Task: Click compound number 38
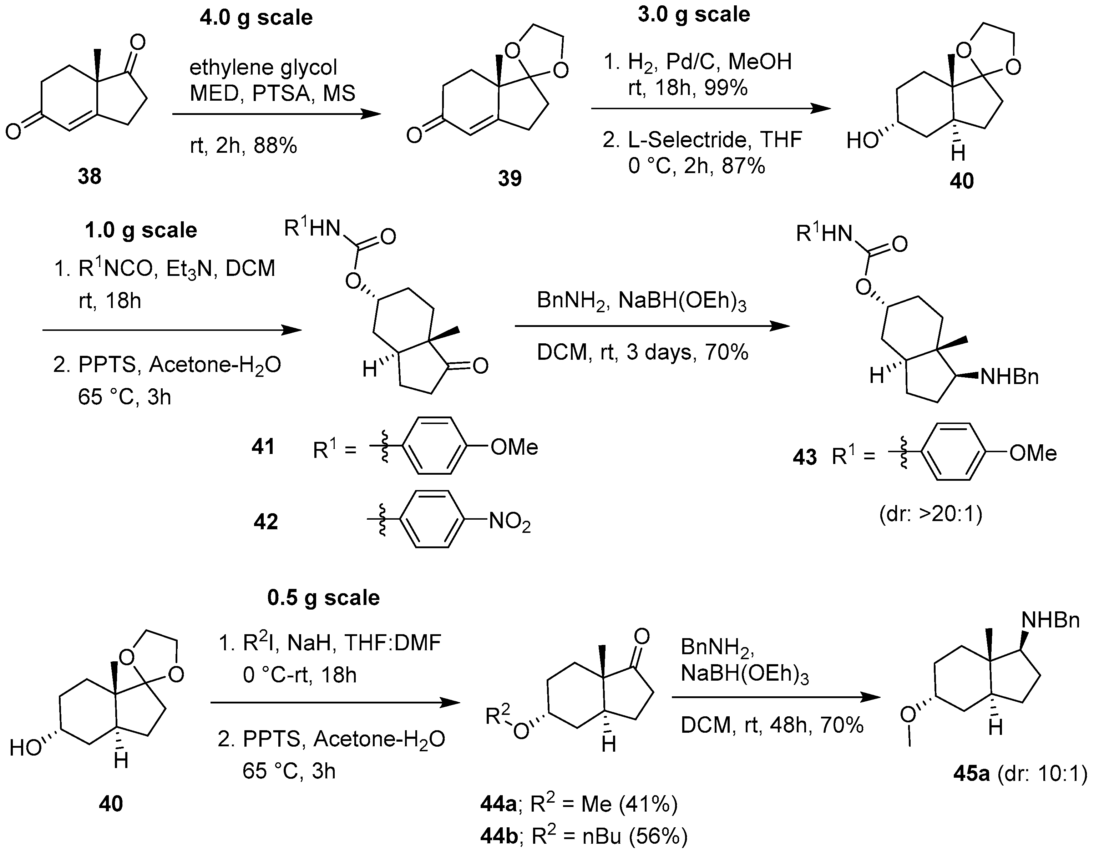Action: point(89,176)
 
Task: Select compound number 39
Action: point(510,178)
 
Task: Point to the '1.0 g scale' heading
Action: point(141,230)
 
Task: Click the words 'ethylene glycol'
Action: point(263,67)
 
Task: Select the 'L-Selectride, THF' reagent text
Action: point(702,139)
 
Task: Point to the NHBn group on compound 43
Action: point(1009,377)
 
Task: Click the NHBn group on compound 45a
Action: point(1050,620)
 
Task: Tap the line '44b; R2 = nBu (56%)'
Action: point(583,837)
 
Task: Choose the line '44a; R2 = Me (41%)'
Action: point(578,804)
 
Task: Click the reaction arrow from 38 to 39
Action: point(276,114)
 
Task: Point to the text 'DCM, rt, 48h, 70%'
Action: point(772,725)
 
